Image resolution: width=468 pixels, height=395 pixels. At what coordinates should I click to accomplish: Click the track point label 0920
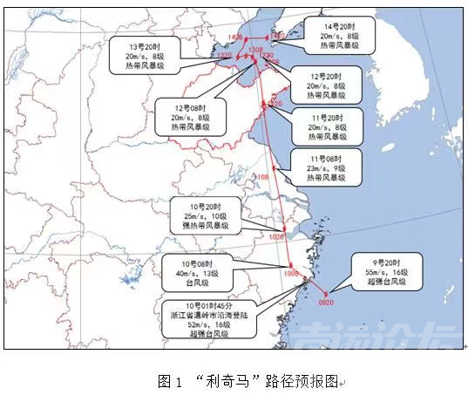coord(324,303)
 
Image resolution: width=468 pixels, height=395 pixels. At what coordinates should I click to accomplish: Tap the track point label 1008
coord(290,273)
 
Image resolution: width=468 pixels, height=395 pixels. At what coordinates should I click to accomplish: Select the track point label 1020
coord(278,236)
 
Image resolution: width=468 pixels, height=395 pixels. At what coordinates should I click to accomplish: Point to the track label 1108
coord(262,178)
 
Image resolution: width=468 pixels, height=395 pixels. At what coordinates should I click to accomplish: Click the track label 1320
coord(225,55)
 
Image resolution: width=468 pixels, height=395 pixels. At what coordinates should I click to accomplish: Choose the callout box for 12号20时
coord(327,85)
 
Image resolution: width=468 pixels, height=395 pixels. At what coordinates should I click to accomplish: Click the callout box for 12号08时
coord(189,116)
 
